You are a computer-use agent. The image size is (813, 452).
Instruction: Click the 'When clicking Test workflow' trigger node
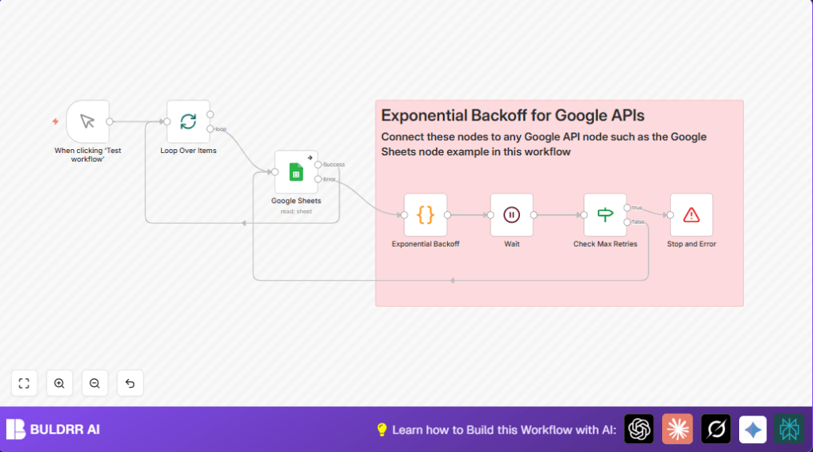point(87,121)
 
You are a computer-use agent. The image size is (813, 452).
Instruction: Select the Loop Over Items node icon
point(188,121)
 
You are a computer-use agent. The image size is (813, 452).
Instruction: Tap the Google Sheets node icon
point(295,171)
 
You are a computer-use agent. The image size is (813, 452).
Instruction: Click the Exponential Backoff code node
point(426,214)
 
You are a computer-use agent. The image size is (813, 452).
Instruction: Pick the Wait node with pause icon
point(511,214)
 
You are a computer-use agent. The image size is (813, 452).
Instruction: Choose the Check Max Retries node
point(605,214)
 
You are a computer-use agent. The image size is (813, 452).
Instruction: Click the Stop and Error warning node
point(691,214)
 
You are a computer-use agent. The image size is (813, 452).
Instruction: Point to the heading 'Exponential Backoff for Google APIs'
point(512,116)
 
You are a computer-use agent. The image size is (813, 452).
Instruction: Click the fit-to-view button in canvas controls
point(24,383)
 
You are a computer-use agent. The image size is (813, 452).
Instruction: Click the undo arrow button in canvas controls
point(130,383)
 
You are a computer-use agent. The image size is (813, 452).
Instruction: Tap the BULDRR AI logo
point(53,429)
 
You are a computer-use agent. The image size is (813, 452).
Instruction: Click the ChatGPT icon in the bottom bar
point(639,429)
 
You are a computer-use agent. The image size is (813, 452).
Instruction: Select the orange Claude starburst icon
point(677,429)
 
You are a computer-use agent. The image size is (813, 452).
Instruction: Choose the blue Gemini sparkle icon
point(753,429)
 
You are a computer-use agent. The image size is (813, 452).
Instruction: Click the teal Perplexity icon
point(789,429)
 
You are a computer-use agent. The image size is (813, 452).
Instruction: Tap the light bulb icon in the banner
point(382,430)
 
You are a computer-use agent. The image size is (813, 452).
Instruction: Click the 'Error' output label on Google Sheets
point(329,179)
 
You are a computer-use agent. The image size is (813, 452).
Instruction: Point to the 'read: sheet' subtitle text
point(296,211)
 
